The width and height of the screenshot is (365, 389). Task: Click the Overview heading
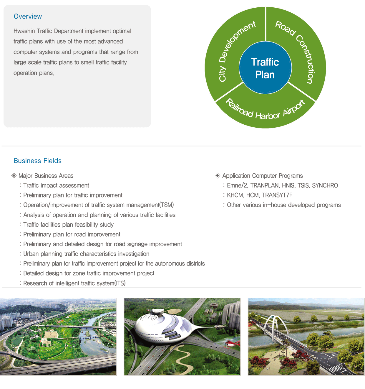(28, 17)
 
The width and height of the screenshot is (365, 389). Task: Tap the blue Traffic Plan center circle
(265, 67)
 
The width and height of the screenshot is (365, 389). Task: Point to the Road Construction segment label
(296, 52)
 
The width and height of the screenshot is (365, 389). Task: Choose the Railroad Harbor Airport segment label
(265, 111)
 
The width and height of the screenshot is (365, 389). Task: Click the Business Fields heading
(38, 161)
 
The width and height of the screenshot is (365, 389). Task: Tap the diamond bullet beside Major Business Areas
(14, 176)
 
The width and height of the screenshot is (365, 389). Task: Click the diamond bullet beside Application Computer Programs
(218, 176)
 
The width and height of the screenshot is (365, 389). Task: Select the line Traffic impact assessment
(56, 185)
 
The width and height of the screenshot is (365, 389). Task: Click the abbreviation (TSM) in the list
(166, 205)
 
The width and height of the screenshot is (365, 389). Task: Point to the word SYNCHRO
(325, 185)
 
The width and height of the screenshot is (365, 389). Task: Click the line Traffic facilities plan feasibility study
(68, 225)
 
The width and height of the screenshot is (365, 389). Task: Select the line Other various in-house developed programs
(284, 205)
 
